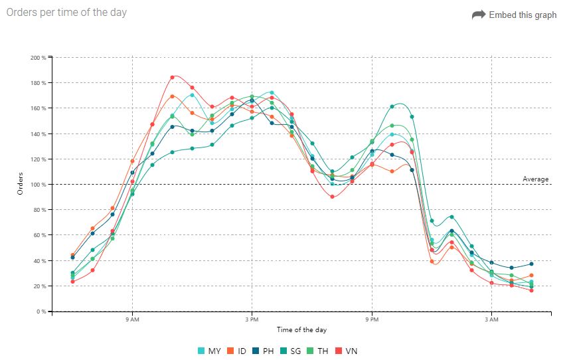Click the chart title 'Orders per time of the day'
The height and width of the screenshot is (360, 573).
click(66, 12)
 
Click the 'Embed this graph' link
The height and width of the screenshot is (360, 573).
click(523, 15)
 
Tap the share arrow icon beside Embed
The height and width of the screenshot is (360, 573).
click(478, 15)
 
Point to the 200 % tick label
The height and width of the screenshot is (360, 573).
click(39, 58)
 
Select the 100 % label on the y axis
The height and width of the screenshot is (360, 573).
click(39, 185)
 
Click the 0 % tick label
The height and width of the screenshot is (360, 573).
click(41, 312)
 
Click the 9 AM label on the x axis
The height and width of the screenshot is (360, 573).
click(131, 320)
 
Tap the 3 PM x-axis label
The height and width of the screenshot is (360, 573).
click(251, 320)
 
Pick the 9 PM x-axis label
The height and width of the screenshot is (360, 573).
click(371, 320)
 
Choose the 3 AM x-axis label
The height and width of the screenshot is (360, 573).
click(491, 320)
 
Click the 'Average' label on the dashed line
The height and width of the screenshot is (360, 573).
click(536, 179)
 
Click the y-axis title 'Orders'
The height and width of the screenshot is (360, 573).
click(21, 184)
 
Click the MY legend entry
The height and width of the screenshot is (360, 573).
click(209, 351)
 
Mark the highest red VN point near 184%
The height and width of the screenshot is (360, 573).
click(172, 77)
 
